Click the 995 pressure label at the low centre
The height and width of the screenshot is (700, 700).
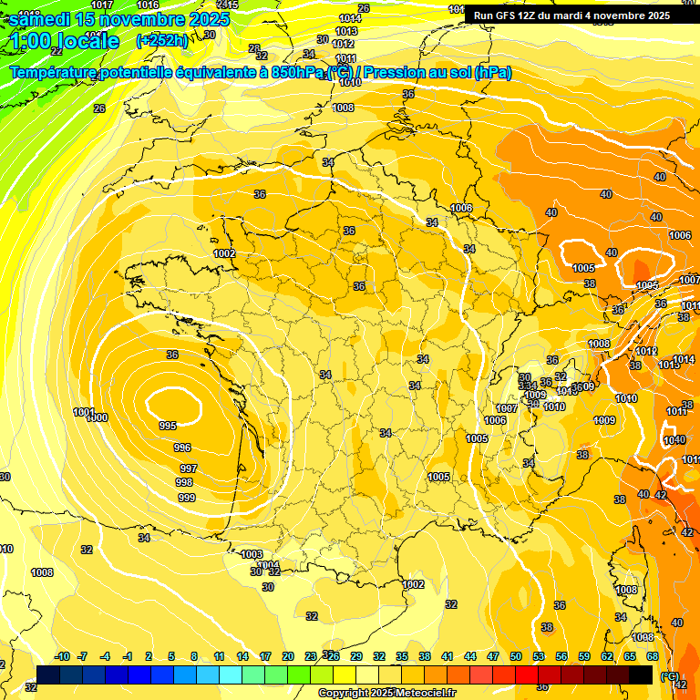168,426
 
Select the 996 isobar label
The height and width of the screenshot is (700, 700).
182,448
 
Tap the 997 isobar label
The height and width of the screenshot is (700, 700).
188,468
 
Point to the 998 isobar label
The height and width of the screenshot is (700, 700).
184,482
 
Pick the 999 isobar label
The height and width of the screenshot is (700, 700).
187,498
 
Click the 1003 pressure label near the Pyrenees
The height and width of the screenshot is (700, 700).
252,554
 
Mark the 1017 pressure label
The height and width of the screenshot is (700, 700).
103,5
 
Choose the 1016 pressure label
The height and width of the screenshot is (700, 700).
148,5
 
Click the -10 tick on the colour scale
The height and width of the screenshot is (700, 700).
62,657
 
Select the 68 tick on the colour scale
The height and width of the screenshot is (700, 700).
653,657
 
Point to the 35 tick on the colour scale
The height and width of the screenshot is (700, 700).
402,657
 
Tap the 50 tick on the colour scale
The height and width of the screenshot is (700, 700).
516,657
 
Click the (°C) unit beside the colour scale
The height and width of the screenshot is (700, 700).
671,675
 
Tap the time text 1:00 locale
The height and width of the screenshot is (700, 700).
66,41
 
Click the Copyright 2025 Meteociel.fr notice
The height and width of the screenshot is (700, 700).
386,693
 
